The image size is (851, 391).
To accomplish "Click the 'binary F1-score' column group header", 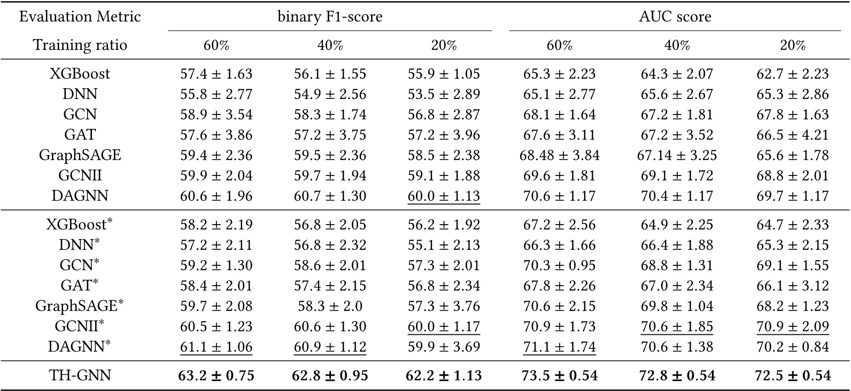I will coord(330,17).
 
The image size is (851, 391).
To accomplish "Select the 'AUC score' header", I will coord(675,17).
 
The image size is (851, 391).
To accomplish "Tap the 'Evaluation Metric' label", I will coord(80,17).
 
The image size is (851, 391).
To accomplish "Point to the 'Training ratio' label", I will coord(80,45).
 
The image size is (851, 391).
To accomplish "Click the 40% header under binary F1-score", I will coord(330,45).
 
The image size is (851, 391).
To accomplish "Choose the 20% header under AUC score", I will coord(792,45).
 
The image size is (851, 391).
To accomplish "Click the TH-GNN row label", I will coord(80,375).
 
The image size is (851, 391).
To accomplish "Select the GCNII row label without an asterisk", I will coord(80,175).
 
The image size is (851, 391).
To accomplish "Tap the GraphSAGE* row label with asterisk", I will coord(80,306).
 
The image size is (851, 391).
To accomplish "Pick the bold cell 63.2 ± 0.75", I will coord(216,375).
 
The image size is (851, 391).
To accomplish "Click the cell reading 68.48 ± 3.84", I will coord(559,155).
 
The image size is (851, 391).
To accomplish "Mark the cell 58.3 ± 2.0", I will coord(330,306).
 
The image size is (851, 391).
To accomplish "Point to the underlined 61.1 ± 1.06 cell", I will coord(216,347).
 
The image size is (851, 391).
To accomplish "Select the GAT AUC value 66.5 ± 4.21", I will coord(792,135).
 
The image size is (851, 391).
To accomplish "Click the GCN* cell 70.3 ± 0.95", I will coord(559,265).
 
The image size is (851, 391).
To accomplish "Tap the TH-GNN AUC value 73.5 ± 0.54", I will coord(559,375).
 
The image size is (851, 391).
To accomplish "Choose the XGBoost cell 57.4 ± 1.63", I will coord(216,74).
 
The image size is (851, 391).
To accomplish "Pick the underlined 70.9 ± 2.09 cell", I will coord(792,326).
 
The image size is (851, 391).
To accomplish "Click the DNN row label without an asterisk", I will coord(80,94).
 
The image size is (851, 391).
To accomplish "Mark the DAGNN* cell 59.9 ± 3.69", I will coord(444,347).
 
